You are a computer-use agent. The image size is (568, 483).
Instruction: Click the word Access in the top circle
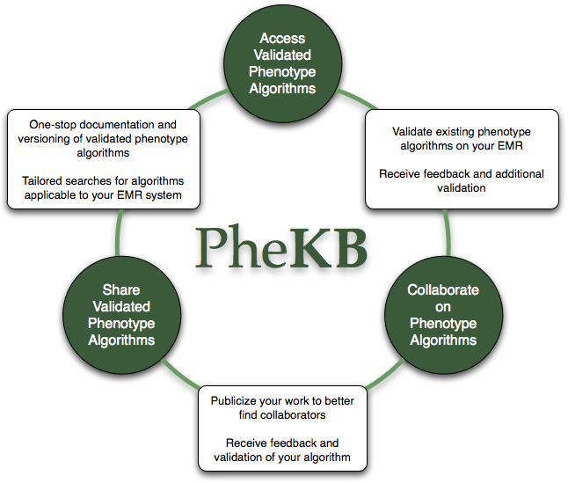pyautogui.click(x=282, y=39)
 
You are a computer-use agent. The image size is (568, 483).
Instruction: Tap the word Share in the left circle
pyautogui.click(x=121, y=289)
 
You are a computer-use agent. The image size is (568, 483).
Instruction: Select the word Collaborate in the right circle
pyautogui.click(x=443, y=289)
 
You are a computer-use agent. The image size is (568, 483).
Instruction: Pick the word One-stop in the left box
pyautogui.click(x=53, y=125)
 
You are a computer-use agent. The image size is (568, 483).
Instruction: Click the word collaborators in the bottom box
pyautogui.click(x=293, y=415)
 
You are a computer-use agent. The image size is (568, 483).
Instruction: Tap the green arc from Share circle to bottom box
pyautogui.click(x=178, y=374)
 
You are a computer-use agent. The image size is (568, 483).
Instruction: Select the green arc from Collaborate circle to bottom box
pyautogui.click(x=385, y=376)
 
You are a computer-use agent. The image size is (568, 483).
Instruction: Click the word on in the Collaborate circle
pyautogui.click(x=443, y=307)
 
